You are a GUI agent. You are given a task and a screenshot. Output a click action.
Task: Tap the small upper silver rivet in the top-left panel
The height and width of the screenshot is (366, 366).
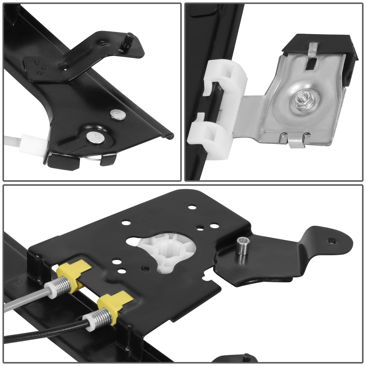(x=119, y=114)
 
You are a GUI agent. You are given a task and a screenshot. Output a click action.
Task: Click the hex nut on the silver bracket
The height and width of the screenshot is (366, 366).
(x=296, y=102)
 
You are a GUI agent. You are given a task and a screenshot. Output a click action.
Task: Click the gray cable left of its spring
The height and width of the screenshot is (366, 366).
(x=25, y=301)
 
